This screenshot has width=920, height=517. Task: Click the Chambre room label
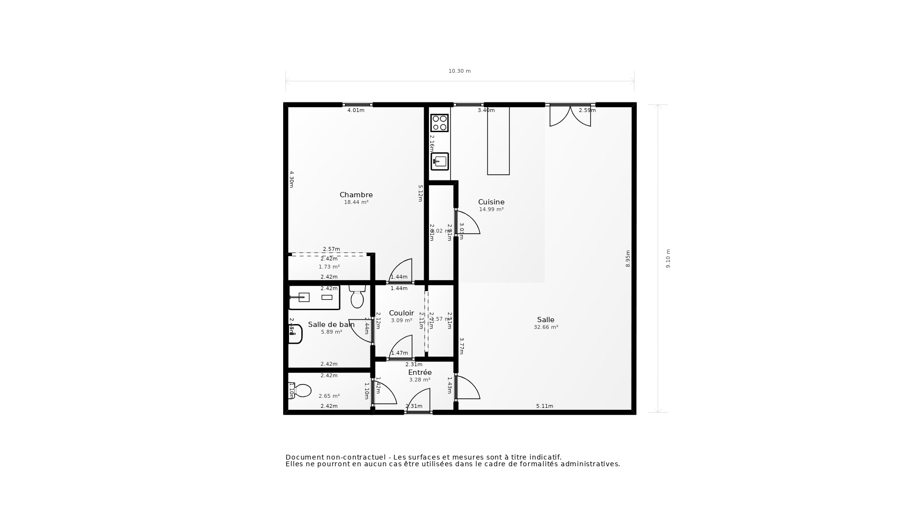[356, 195]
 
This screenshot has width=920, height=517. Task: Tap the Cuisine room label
[491, 202]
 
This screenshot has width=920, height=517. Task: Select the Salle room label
[545, 320]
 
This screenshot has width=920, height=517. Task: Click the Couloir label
[401, 313]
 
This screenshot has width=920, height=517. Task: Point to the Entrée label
[420, 372]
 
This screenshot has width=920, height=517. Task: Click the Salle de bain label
[331, 325]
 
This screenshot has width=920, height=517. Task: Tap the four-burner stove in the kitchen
[439, 123]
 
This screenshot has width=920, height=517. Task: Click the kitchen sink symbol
[439, 161]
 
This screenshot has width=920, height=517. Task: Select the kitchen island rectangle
[498, 141]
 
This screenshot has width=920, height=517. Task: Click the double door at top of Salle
[570, 116]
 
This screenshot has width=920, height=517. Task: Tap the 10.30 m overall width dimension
[460, 71]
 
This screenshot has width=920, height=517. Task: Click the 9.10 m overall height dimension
[668, 258]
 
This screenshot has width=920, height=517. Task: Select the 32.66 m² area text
[546, 327]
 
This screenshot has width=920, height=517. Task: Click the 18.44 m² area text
[356, 202]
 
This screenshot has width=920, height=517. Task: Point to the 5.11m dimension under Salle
[544, 406]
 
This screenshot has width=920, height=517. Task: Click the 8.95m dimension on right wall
[628, 258]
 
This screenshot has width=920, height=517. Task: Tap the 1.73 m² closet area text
[329, 267]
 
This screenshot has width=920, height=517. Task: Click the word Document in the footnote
[304, 457]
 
